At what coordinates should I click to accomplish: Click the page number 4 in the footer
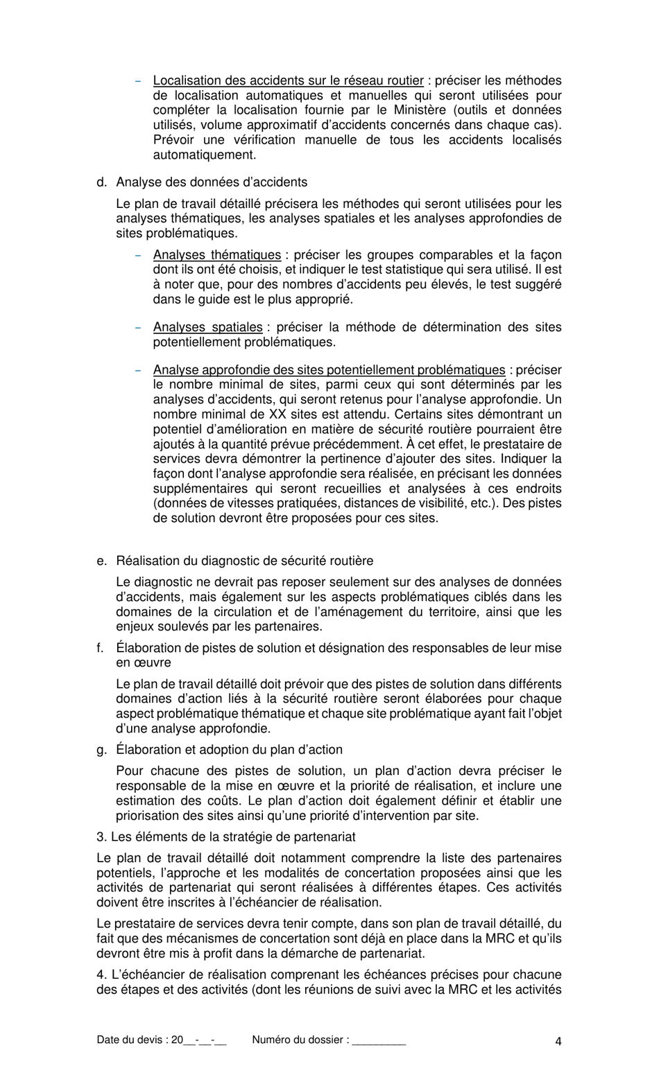(558, 1040)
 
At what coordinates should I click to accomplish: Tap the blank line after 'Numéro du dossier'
(379, 1041)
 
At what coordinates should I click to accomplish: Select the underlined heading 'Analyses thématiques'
(216, 255)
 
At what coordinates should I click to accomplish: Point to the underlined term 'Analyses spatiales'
(207, 327)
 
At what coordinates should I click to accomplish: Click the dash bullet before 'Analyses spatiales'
(138, 327)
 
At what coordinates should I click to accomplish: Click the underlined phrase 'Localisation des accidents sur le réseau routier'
(288, 80)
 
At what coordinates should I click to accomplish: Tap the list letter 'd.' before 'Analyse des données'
(102, 182)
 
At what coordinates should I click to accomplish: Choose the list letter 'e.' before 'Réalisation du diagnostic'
(102, 561)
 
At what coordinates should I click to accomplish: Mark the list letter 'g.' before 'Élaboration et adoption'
(102, 750)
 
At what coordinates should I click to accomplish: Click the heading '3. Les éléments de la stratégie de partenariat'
(226, 837)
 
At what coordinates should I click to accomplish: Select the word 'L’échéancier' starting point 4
(145, 975)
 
